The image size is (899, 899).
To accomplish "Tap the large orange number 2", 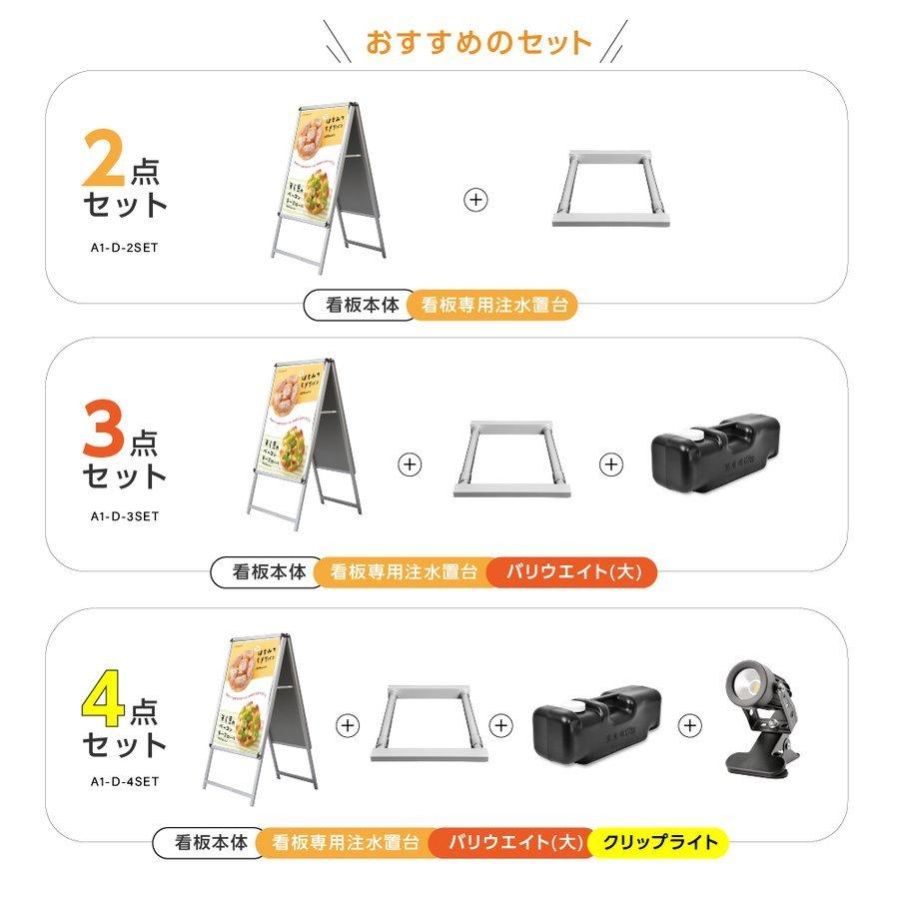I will pyautogui.click(x=104, y=160).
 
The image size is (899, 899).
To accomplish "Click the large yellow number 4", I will pyautogui.click(x=104, y=698).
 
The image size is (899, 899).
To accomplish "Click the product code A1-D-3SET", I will pyautogui.click(x=126, y=516).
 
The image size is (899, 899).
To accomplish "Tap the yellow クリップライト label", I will pyautogui.click(x=660, y=842).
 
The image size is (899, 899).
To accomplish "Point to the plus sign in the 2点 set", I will pyautogui.click(x=476, y=199).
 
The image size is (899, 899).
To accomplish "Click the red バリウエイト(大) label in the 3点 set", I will pyautogui.click(x=573, y=573).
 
